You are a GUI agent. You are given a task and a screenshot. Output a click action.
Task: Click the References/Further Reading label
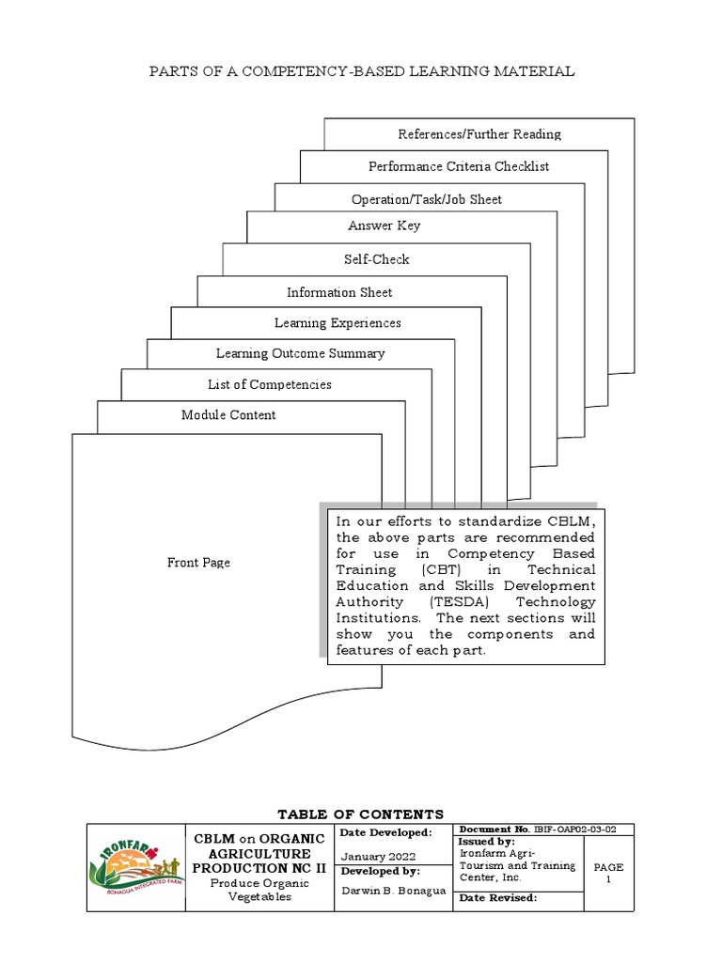coord(479,134)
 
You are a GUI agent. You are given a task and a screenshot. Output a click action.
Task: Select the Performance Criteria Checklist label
coord(459,166)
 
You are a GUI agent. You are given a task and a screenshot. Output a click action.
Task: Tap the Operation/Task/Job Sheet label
coord(426,199)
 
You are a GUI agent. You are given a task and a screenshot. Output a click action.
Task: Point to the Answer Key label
coord(384,225)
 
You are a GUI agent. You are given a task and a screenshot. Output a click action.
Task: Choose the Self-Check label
coord(376,259)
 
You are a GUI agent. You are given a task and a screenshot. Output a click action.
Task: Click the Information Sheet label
coord(339,292)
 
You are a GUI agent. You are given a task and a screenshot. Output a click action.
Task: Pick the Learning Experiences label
coord(337,323)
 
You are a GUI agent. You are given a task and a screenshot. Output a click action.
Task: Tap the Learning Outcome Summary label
coord(300,353)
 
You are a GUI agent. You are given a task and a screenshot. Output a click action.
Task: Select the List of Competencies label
coord(269,384)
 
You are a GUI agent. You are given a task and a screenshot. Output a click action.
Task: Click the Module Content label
coord(228,415)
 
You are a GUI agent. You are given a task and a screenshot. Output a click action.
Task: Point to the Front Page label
coord(198,563)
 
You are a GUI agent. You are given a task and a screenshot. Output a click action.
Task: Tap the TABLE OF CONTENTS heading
coord(361,814)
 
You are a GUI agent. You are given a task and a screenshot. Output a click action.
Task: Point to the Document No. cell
coord(542,830)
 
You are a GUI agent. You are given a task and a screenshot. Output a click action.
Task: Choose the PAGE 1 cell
coord(608,873)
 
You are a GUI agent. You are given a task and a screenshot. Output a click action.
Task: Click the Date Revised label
coord(497,898)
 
